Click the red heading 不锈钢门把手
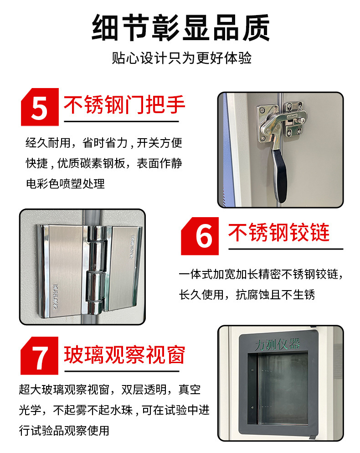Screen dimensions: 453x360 (124, 105)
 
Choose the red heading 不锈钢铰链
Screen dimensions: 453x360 (278, 233)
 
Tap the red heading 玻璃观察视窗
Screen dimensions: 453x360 (124, 354)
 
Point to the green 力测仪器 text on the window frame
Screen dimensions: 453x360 (278, 343)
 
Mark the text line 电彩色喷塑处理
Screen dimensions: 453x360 (65, 183)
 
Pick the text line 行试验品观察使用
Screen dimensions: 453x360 (64, 430)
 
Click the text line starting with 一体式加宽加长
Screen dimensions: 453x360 (261, 275)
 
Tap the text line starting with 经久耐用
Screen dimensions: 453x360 (103, 143)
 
